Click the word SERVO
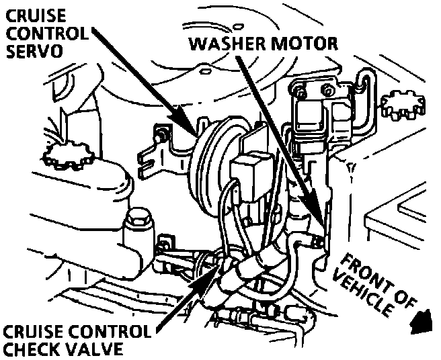click(30, 51)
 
